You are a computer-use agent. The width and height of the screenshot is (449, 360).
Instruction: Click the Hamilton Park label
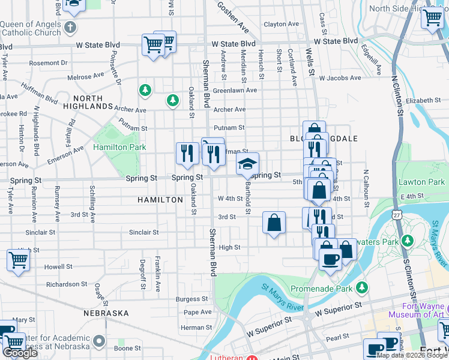pyautogui.click(x=119, y=147)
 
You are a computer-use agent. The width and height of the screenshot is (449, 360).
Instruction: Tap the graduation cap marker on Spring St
pyautogui.click(x=247, y=163)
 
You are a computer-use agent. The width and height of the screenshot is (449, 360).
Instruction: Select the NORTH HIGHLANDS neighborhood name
pyautogui.click(x=92, y=102)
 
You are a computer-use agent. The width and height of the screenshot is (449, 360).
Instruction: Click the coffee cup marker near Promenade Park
pyautogui.click(x=330, y=259)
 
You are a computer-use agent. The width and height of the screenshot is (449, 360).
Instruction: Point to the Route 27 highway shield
pyautogui.click(x=396, y=215)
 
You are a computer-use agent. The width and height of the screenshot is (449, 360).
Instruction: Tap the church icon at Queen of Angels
pyautogui.click(x=71, y=27)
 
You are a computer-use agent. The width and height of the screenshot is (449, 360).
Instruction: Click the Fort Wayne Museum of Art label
pyautogui.click(x=416, y=310)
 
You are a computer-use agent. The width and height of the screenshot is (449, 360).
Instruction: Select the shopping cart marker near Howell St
pyautogui.click(x=18, y=260)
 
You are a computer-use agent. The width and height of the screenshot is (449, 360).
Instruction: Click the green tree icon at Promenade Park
pyautogui.click(x=361, y=287)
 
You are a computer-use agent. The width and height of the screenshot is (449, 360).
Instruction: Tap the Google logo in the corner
pyautogui.click(x=20, y=353)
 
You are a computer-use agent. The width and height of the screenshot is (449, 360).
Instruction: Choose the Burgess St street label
pyautogui.click(x=191, y=299)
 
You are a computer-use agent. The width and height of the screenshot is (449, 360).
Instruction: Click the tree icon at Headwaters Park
pyautogui.click(x=408, y=241)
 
